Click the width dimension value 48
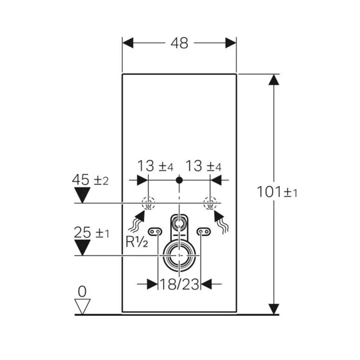180,43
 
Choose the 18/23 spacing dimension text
179,284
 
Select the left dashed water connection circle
148,203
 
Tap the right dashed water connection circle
210,203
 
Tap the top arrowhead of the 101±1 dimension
273,80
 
